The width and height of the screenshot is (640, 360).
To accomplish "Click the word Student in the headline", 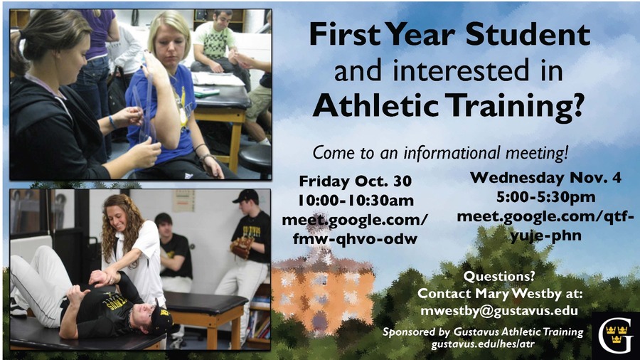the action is coord(528,34).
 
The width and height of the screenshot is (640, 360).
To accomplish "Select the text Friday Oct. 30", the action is coord(355,181).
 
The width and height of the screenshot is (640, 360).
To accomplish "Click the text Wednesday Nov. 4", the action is coord(545,177).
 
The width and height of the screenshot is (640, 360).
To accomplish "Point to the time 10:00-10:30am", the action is coord(356,201).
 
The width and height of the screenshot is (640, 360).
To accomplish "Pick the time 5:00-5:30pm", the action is coord(545,197).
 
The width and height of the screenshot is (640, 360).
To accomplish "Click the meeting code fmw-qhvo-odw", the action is coord(355,238).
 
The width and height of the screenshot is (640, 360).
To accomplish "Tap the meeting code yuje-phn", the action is coord(545,235).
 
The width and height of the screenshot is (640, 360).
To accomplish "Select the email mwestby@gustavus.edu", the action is coord(498,311).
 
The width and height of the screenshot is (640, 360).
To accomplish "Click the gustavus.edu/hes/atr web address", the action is coord(483,344).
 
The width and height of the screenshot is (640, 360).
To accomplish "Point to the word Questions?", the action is coord(498,276).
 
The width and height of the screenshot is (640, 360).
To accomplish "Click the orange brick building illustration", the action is coord(322,295).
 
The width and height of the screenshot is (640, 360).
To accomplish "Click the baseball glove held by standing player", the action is coord(242,247).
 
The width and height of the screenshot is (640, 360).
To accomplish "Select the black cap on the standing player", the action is coord(246,196).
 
